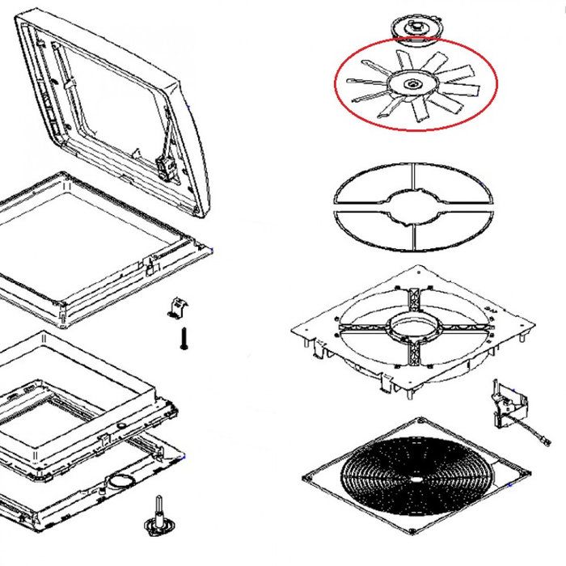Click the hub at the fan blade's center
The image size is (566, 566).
[x=412, y=84]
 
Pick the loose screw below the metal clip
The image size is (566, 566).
[x=184, y=337]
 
